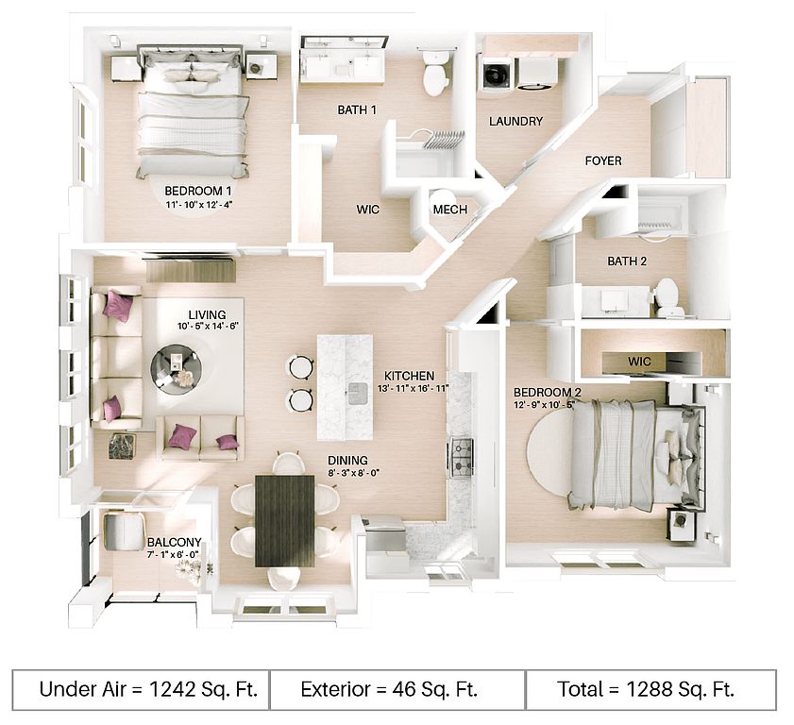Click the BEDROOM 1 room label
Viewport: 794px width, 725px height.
point(198,191)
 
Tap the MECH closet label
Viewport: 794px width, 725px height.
point(450,210)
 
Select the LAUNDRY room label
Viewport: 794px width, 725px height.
point(515,122)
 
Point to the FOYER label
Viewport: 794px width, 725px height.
point(603,161)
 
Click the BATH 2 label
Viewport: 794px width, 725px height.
point(627,261)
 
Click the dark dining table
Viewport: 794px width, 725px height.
point(284,520)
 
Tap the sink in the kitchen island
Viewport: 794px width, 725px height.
point(359,394)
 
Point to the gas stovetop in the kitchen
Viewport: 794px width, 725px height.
point(462,458)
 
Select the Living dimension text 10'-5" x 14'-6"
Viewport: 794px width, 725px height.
point(207,327)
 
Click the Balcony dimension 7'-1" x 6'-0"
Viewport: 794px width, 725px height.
point(173,554)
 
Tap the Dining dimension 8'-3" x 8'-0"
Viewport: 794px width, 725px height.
point(353,473)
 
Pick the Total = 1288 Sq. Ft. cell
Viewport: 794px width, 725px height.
point(650,689)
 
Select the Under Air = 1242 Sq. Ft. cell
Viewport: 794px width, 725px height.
point(142,689)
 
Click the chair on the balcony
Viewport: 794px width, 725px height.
point(123,531)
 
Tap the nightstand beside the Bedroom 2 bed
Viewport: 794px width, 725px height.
point(680,524)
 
